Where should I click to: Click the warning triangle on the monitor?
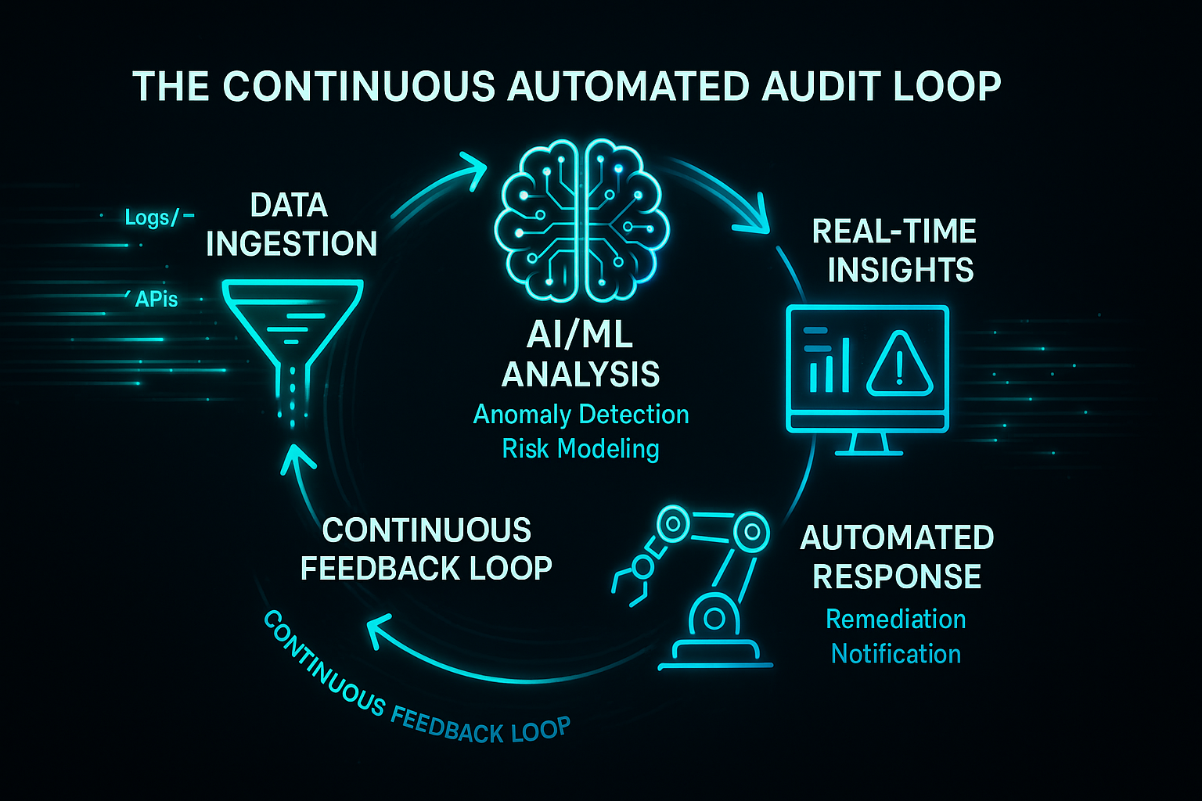point(900,364)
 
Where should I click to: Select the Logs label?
point(149,217)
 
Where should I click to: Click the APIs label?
point(156,299)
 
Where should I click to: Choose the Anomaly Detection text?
point(581,415)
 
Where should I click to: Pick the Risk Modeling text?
point(581,449)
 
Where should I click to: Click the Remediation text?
point(896,620)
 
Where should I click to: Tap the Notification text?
point(896,654)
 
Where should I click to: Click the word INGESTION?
point(291,244)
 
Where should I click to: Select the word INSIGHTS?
point(900,270)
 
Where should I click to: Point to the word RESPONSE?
point(897,577)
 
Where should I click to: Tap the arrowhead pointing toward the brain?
point(474,167)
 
